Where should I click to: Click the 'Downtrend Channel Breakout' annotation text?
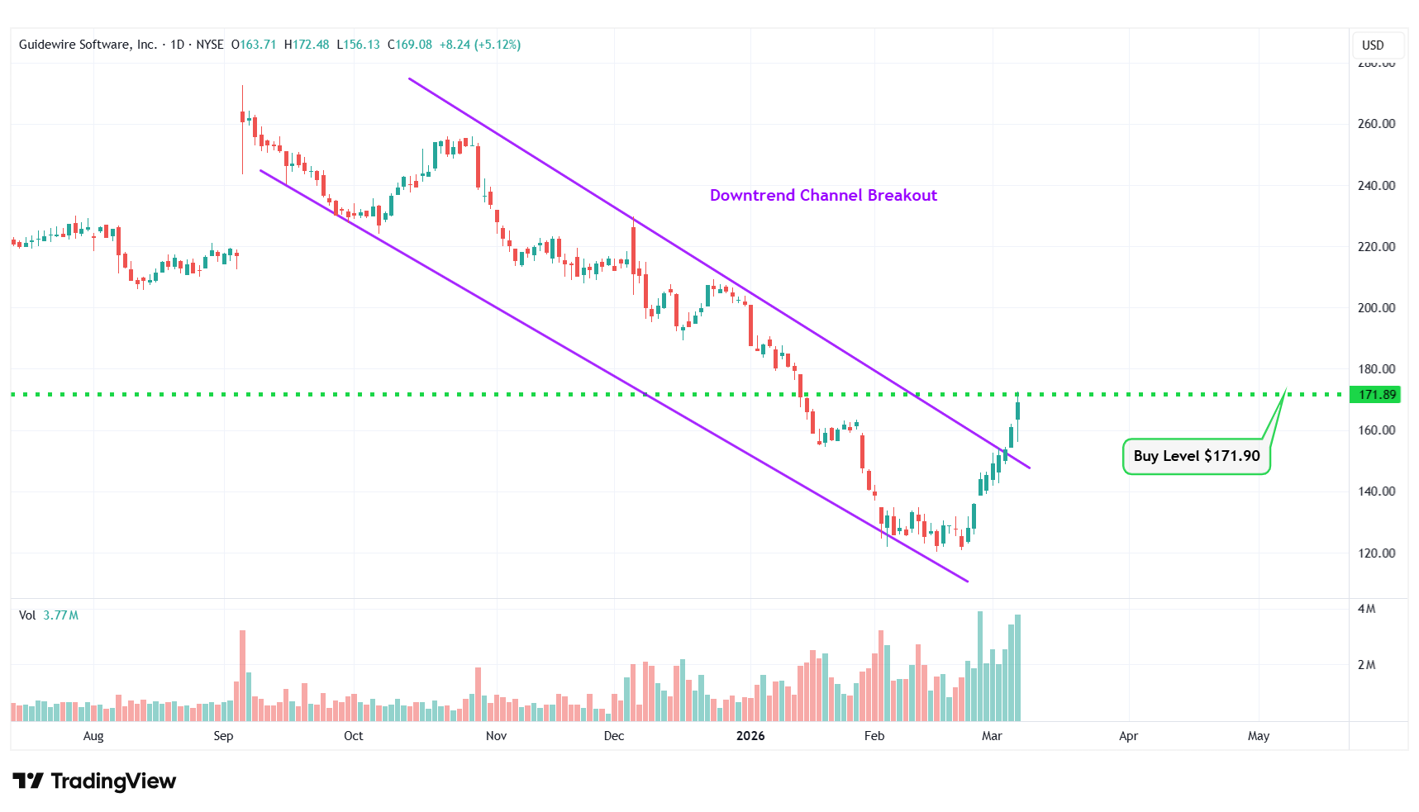click(823, 196)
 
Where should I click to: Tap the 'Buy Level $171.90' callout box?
click(1196, 456)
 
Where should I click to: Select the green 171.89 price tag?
click(1377, 395)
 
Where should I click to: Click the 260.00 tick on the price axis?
click(1376, 124)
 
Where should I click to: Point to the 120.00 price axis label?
click(1376, 553)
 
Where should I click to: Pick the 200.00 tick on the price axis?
click(1376, 308)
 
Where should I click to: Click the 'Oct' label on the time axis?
click(353, 736)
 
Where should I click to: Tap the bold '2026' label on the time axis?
click(750, 736)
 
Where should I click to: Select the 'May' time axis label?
click(1258, 736)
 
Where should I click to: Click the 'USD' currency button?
click(1373, 45)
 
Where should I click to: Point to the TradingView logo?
click(94, 781)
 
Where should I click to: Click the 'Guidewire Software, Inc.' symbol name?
click(88, 45)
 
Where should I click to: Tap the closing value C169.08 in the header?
click(410, 45)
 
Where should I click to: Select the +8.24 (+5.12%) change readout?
click(480, 45)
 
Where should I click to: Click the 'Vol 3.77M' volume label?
click(49, 615)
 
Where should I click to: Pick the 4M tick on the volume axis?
click(1366, 609)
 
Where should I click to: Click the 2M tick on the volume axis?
click(1366, 665)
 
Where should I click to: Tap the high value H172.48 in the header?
click(307, 45)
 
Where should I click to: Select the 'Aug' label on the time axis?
click(93, 736)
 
